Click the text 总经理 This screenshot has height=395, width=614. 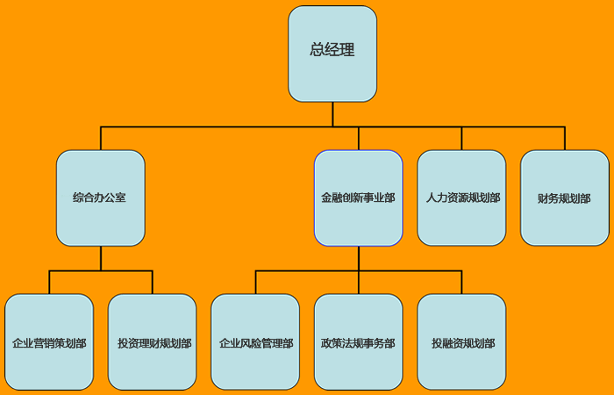[x=332, y=50]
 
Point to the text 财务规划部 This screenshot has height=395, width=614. [x=564, y=198]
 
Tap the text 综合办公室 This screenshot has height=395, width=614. [x=99, y=198]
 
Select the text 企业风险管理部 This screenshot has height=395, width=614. [x=256, y=343]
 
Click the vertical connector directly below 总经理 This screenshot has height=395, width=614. [x=332, y=114]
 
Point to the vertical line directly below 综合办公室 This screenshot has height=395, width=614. [x=101, y=258]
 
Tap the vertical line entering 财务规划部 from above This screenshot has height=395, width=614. [x=564, y=139]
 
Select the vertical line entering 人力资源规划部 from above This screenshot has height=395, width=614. [x=461, y=139]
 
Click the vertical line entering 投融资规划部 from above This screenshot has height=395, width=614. [x=461, y=282]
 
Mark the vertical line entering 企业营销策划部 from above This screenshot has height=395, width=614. [x=49, y=282]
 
